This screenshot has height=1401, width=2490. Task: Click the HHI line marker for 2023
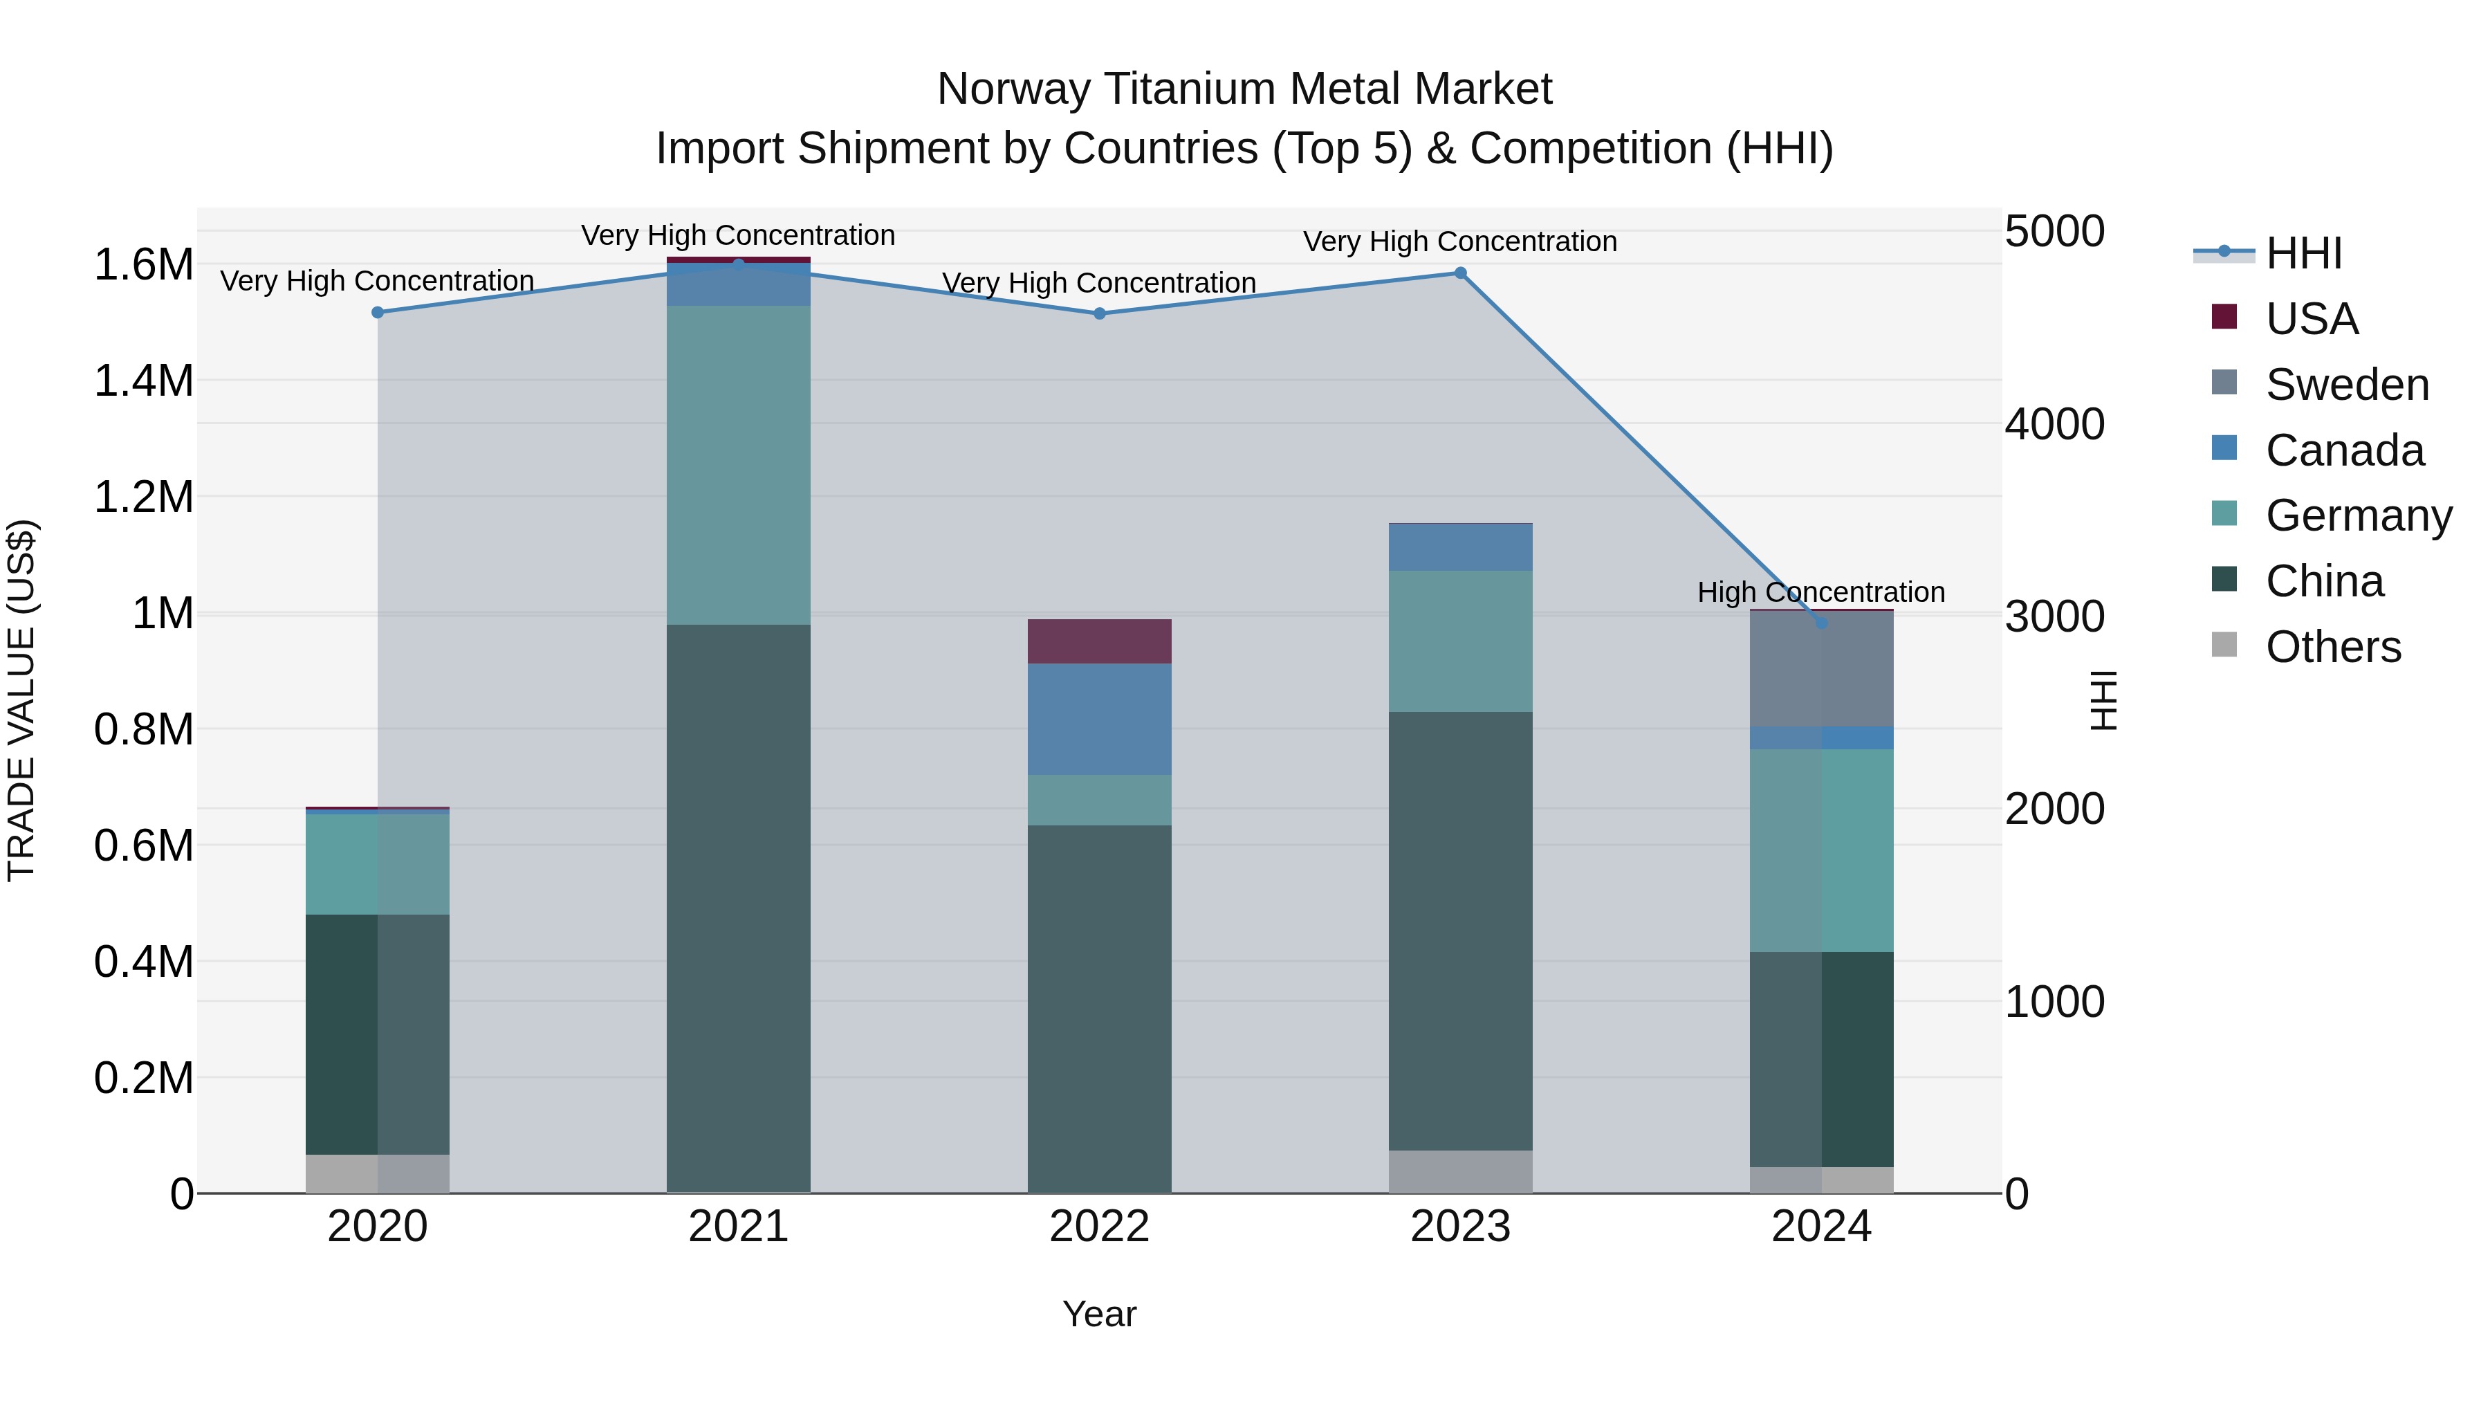coord(1461,273)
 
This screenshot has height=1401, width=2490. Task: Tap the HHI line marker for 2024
coord(1821,623)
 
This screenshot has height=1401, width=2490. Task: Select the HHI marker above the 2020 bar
coord(378,312)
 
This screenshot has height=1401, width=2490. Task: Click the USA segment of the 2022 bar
coord(1099,641)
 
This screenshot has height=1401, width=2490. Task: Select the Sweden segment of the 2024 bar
coord(1821,669)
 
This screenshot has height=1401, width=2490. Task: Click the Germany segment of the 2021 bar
coord(739,464)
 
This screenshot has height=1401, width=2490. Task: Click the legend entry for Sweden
coord(2346,385)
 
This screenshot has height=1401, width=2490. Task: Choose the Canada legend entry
coord(2344,450)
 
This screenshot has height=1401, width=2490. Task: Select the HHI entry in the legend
coord(2303,253)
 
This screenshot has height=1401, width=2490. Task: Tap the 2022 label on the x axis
coord(1099,1227)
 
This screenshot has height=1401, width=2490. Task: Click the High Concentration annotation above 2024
coord(1821,592)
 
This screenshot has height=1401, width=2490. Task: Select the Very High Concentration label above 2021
coord(739,235)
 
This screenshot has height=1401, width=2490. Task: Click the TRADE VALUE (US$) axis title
coord(21,700)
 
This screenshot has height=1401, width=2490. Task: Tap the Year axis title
coord(1099,1314)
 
